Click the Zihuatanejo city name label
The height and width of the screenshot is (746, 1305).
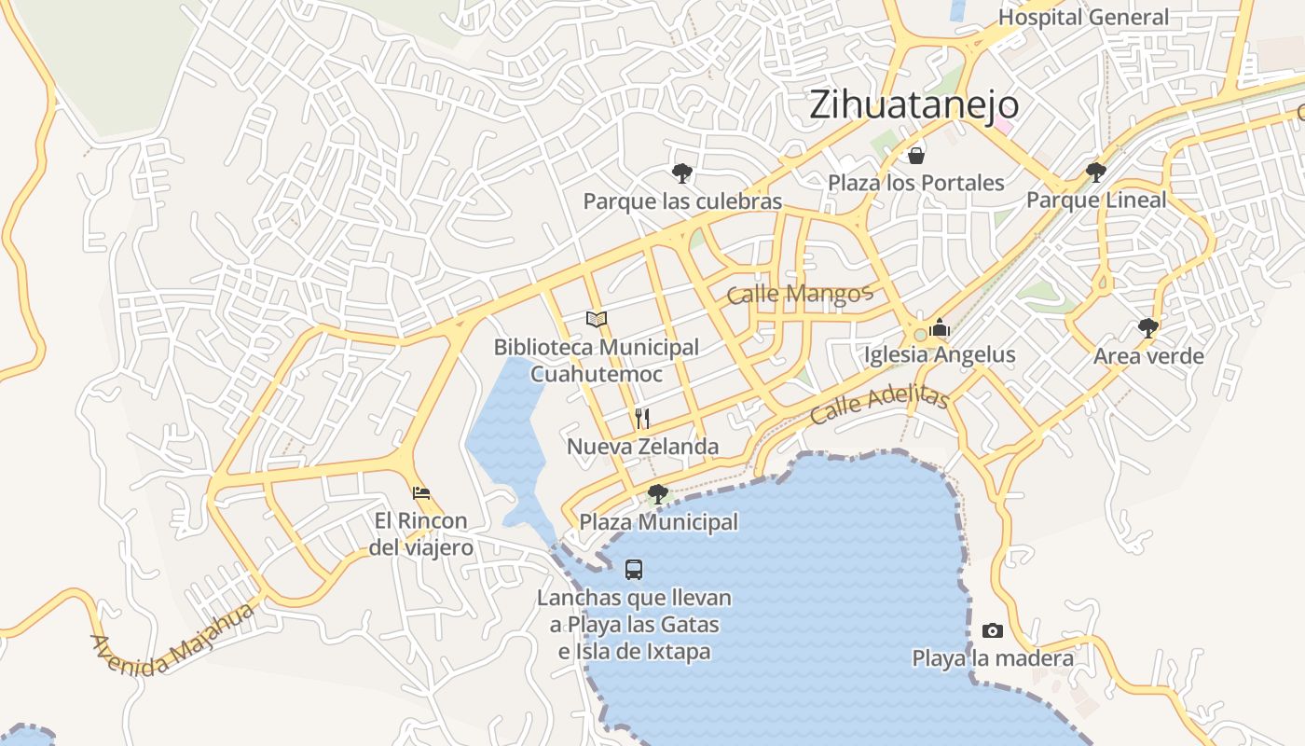coord(913,104)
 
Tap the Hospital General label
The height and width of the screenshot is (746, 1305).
coord(1083,17)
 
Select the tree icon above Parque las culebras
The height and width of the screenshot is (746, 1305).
coord(682,173)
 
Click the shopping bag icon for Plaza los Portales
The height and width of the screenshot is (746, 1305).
coord(915,155)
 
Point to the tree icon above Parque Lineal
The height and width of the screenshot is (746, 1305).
coord(1096,172)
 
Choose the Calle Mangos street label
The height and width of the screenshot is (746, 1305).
coord(799,295)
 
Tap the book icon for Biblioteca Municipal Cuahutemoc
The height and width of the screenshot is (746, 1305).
coord(597,319)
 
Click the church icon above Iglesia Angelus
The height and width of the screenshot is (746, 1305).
coord(940,327)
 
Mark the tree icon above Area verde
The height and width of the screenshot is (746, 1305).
coord(1148,327)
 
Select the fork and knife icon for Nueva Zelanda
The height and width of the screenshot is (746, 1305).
coord(642,418)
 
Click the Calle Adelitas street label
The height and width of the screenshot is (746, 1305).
coord(879,406)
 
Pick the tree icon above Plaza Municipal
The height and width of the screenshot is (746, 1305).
coord(658,494)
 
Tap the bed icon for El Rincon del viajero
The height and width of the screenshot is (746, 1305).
coord(421,492)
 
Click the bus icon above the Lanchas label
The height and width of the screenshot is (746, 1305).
coord(634,569)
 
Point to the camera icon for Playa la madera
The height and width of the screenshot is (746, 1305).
coord(993,630)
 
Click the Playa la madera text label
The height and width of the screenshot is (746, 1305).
coord(993,658)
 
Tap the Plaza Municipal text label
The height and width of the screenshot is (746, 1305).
coord(659,522)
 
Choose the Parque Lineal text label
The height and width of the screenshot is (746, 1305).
coord(1096,200)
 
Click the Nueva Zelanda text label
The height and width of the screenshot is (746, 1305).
coord(643,447)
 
